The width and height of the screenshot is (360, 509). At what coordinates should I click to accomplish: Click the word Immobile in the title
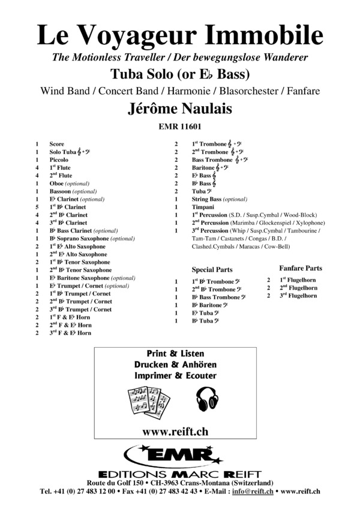267,35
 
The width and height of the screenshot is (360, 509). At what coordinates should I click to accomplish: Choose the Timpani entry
203,207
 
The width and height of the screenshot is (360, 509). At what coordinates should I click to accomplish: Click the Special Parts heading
212,270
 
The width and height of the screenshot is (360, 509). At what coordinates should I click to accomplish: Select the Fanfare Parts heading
301,268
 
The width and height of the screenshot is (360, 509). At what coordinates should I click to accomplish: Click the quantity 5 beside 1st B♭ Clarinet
37,207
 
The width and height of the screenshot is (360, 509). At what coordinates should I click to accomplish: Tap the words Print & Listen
175,353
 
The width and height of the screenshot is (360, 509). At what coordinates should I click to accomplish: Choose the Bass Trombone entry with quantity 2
212,160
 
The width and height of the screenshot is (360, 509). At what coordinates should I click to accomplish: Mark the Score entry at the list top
56,144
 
